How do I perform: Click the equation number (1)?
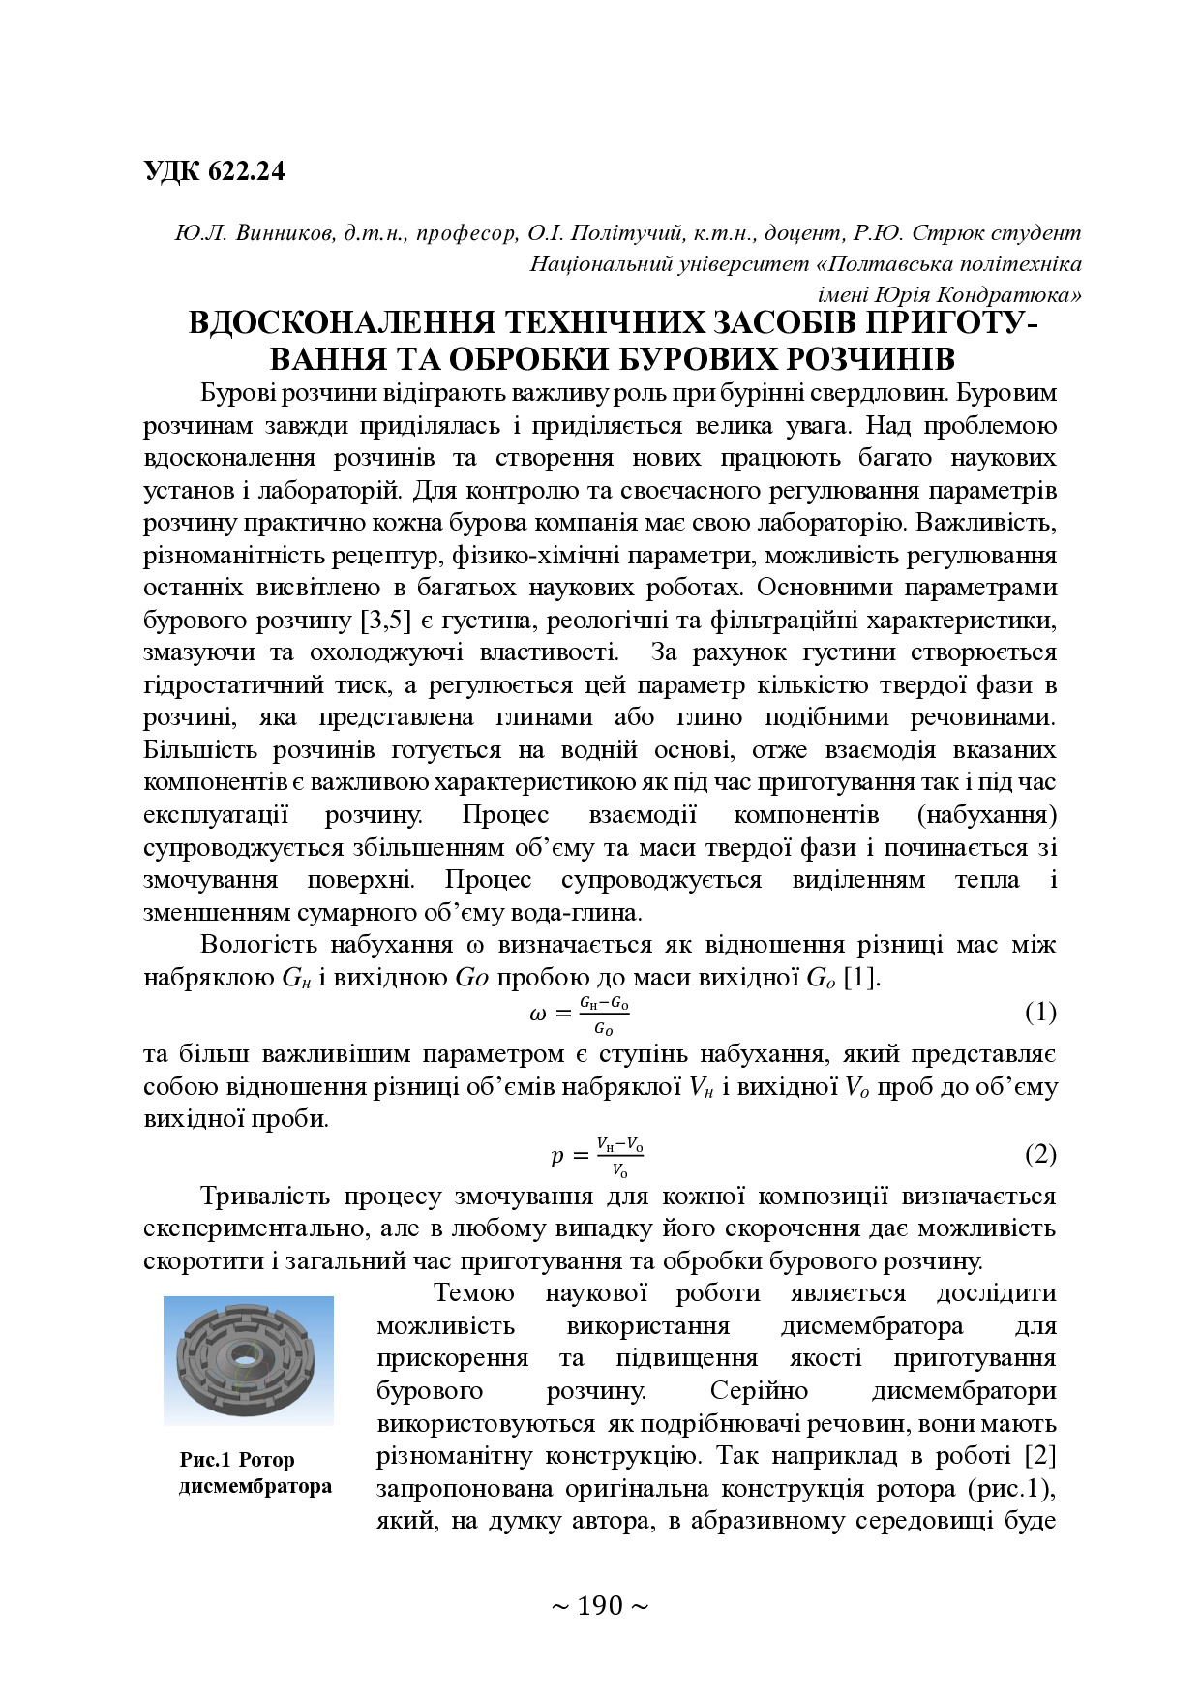click(1040, 1013)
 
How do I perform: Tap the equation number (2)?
click(1040, 1154)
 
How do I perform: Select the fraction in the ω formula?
click(604, 1015)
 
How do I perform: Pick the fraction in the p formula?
click(619, 1156)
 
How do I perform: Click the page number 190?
click(600, 1606)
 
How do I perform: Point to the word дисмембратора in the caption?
click(255, 1486)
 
